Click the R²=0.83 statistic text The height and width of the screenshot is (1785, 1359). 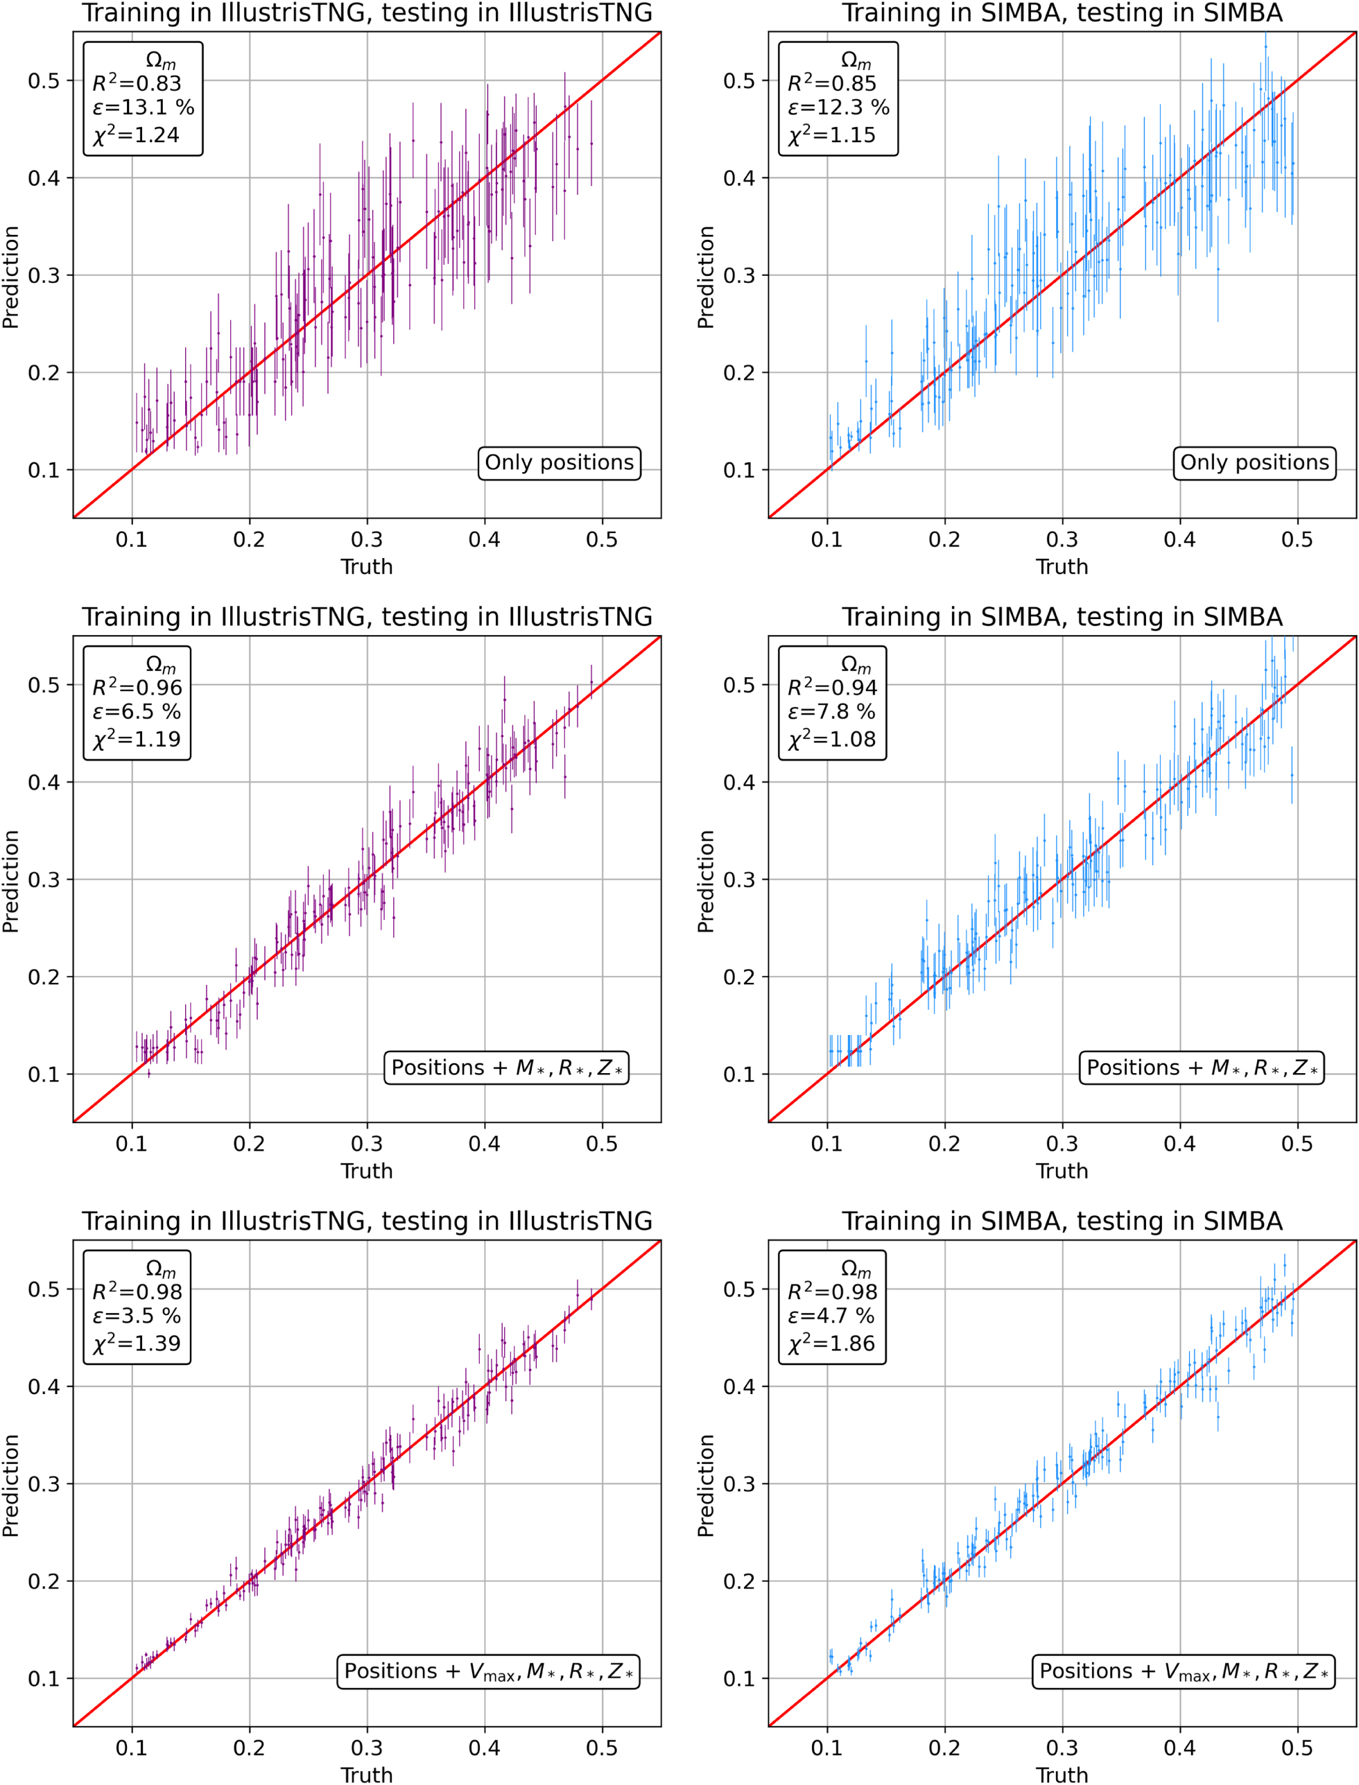click(137, 83)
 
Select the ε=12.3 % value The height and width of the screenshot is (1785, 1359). click(839, 107)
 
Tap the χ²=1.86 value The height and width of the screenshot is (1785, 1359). click(831, 1344)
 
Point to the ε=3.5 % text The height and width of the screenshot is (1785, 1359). click(137, 1316)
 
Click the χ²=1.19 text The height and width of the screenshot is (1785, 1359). click(137, 739)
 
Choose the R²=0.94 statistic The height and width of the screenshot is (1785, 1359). click(832, 688)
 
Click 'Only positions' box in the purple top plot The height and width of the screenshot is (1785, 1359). click(559, 462)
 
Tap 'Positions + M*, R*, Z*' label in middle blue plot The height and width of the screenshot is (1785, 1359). click(1201, 1068)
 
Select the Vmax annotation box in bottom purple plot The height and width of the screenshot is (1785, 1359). click(488, 1672)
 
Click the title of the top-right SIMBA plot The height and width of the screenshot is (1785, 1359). click(1062, 13)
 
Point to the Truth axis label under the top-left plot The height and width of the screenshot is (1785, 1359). click(366, 566)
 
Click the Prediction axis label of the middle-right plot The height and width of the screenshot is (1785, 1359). click(705, 881)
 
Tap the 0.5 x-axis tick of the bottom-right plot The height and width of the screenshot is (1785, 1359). click(1297, 1748)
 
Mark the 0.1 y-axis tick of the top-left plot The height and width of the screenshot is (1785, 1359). click(44, 470)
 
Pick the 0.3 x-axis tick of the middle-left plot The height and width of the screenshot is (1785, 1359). click(366, 1144)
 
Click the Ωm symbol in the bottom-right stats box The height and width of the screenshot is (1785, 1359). click(856, 1268)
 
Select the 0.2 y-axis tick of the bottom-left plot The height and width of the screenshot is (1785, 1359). click(44, 1581)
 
